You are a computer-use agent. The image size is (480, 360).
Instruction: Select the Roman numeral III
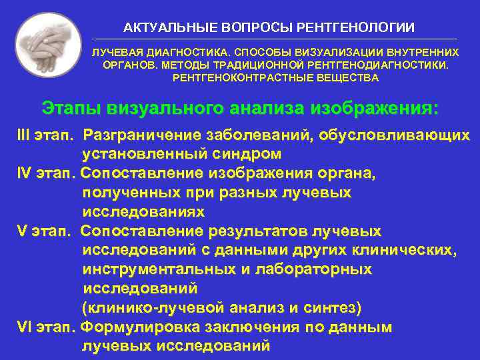click(27, 135)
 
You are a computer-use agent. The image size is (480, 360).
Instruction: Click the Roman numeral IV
click(27, 174)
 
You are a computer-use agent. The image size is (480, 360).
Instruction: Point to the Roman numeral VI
click(27, 327)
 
